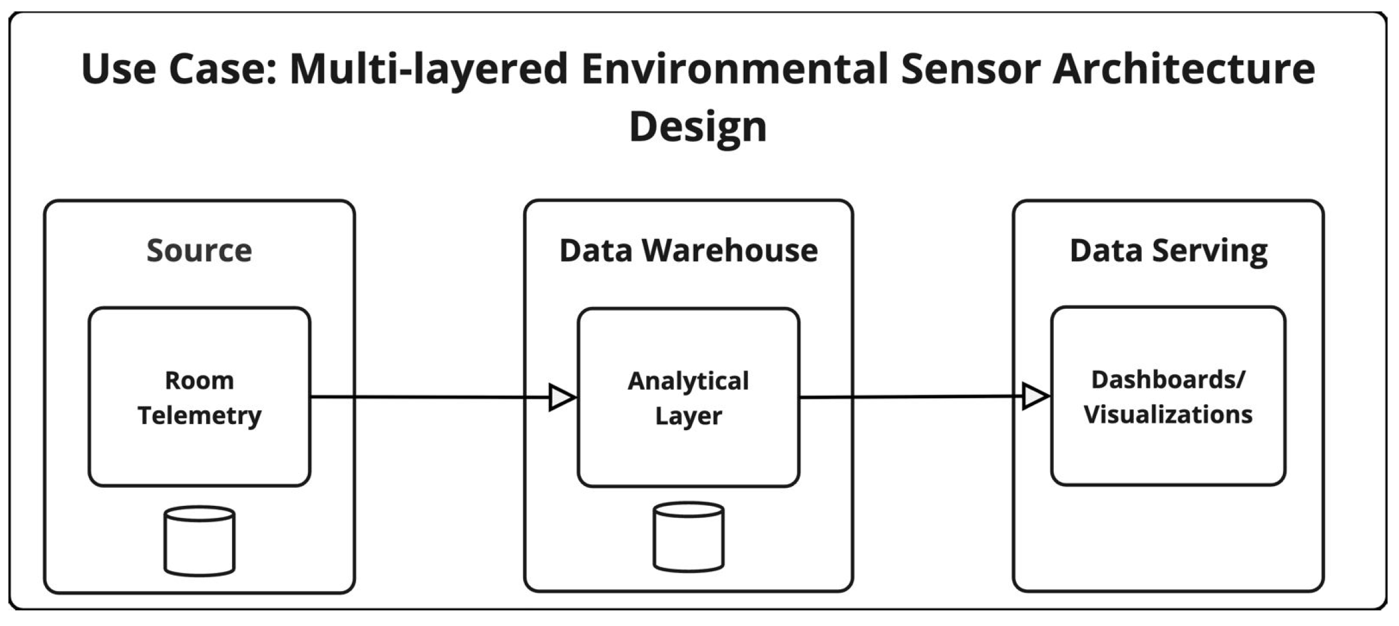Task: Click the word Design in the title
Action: pyautogui.click(x=697, y=127)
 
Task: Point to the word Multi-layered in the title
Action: pyautogui.click(x=428, y=68)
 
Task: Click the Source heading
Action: pyautogui.click(x=199, y=251)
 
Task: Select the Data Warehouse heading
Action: pyautogui.click(x=688, y=251)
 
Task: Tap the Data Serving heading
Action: pyautogui.click(x=1168, y=251)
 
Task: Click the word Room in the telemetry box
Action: pyautogui.click(x=199, y=381)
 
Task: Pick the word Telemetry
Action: pyautogui.click(x=199, y=415)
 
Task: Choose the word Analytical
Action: pyautogui.click(x=688, y=381)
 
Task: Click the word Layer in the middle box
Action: pyautogui.click(x=688, y=416)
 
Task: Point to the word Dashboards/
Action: pyautogui.click(x=1168, y=380)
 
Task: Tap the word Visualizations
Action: pyautogui.click(x=1168, y=415)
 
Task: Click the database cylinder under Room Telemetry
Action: pyautogui.click(x=199, y=541)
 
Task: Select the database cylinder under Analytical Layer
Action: pyautogui.click(x=688, y=537)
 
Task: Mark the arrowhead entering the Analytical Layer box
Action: pyautogui.click(x=562, y=397)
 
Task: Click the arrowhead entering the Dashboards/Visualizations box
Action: pyautogui.click(x=1035, y=397)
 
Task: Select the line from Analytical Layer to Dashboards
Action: pyautogui.click(x=911, y=397)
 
